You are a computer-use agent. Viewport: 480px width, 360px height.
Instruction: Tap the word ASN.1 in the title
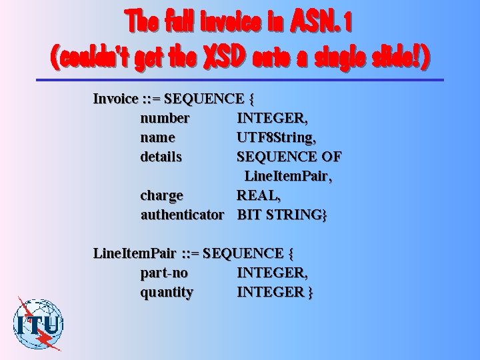[321, 24]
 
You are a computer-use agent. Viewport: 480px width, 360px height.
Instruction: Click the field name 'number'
[165, 119]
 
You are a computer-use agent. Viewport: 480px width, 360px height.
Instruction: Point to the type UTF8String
[276, 138]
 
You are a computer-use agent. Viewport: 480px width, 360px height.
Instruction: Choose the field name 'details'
[161, 157]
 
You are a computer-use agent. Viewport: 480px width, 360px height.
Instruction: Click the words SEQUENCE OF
[289, 157]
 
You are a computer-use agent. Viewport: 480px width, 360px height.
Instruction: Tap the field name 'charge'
[161, 196]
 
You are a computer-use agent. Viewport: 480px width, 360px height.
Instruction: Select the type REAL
[259, 196]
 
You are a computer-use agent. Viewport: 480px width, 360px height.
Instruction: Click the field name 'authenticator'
[182, 215]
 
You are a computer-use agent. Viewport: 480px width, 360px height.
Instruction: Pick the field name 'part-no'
[164, 273]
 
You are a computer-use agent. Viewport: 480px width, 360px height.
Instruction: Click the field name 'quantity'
[167, 293]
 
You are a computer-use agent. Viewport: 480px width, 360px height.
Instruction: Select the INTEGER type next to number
[272, 119]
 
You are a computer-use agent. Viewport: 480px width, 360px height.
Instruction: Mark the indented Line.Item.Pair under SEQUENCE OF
[288, 177]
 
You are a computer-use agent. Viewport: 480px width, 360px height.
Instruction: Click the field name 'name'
[158, 138]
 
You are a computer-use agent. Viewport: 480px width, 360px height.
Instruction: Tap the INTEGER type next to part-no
[272, 273]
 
